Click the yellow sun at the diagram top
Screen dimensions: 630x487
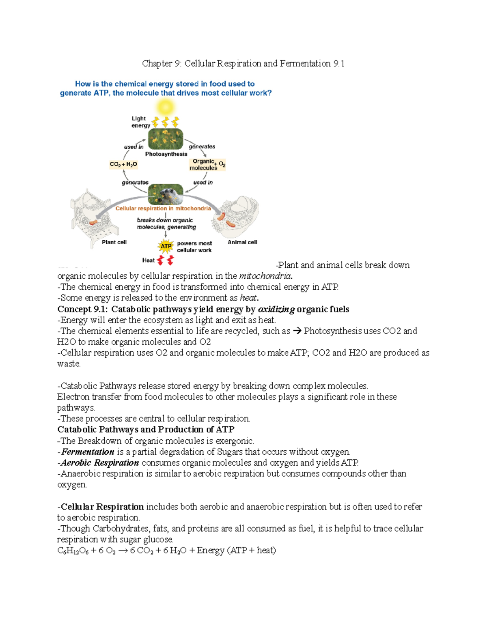click(166, 108)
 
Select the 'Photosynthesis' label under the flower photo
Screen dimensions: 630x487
click(166, 154)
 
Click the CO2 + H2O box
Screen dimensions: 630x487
click(123, 164)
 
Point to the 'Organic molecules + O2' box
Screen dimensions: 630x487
click(207, 164)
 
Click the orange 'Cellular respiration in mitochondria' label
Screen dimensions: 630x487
click(163, 209)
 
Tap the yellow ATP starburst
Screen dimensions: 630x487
click(166, 246)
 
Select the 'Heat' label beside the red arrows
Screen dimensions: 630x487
click(148, 260)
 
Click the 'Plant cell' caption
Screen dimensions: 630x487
click(114, 242)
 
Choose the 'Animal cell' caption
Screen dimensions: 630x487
click(242, 242)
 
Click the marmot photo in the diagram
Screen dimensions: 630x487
click(166, 194)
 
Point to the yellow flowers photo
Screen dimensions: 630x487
click(166, 139)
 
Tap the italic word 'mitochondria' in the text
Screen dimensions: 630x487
click(265, 276)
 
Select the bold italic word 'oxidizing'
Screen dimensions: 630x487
click(276, 310)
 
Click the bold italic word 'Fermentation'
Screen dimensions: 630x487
click(88, 452)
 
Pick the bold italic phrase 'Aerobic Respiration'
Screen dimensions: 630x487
click(100, 463)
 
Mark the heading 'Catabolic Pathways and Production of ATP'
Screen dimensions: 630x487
click(146, 430)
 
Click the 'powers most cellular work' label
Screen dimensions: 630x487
click(194, 247)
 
